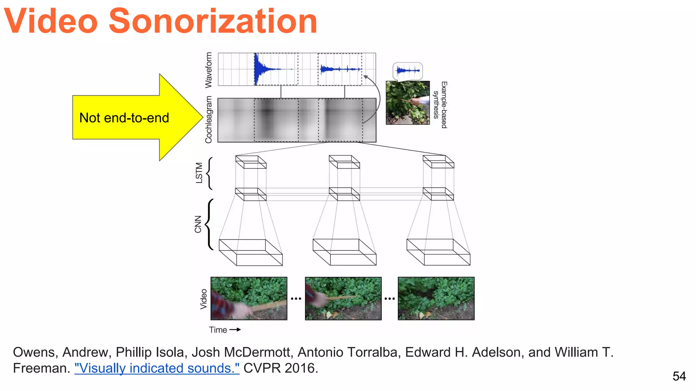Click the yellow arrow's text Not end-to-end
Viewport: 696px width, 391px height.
[x=124, y=118]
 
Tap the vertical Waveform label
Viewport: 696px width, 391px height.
[x=208, y=70]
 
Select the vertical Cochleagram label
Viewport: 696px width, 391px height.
[x=208, y=119]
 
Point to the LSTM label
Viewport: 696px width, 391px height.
[x=199, y=173]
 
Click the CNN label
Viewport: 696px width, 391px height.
[x=198, y=224]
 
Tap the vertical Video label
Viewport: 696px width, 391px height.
[x=203, y=299]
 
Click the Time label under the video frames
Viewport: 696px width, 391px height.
[x=218, y=330]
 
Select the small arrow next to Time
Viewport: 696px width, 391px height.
[x=235, y=330]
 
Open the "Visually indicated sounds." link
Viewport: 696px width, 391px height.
[x=157, y=368]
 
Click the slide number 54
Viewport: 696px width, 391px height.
[x=679, y=376]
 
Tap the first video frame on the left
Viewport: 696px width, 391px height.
[x=249, y=298]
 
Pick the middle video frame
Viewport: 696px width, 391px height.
[x=343, y=298]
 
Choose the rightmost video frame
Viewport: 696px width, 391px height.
[x=436, y=298]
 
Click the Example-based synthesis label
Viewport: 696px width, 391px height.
[x=440, y=105]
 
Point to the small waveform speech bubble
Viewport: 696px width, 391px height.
[x=408, y=71]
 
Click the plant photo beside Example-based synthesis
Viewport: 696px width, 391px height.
[x=407, y=103]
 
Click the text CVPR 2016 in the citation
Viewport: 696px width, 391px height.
[x=281, y=368]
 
